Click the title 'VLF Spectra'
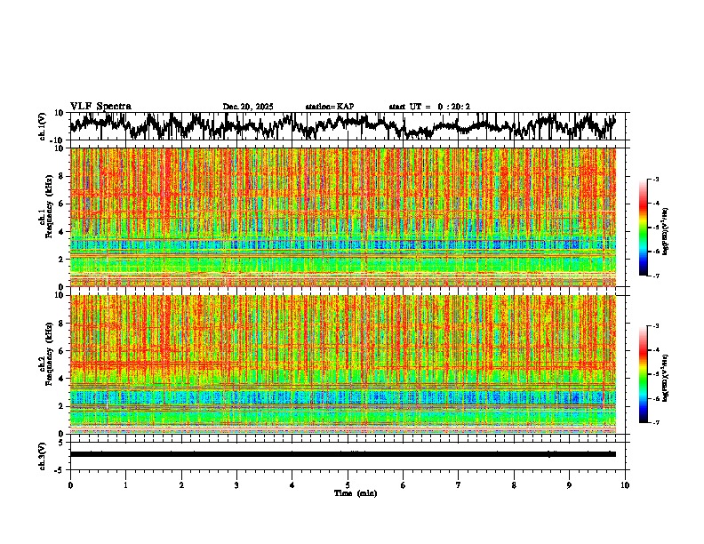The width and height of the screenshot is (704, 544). coord(100,106)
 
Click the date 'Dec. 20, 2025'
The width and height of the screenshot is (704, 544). coord(248,107)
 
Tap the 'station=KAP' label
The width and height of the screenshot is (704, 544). coord(330,107)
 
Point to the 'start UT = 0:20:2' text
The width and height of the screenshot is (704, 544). coord(429,107)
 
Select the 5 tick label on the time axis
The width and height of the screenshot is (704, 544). coord(348,484)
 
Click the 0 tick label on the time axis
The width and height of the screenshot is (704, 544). coord(70,484)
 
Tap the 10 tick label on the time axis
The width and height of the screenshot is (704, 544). coord(625,484)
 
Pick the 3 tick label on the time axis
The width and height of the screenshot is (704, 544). coord(236,484)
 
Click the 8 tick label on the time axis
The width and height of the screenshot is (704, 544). coord(514,484)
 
